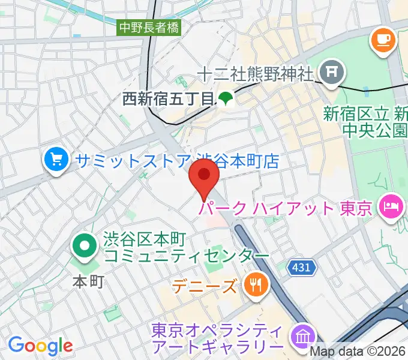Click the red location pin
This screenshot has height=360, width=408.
204,178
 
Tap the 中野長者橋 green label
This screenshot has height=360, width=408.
149,27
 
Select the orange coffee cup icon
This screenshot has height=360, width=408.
383,40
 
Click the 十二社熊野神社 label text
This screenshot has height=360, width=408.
256,74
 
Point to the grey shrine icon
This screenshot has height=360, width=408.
332,74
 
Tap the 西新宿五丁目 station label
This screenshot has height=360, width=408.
168,98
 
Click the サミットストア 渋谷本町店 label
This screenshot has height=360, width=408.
178,161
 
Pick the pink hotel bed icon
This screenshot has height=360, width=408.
389,207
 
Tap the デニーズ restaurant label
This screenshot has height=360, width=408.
205,286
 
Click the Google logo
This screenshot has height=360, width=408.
40,345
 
